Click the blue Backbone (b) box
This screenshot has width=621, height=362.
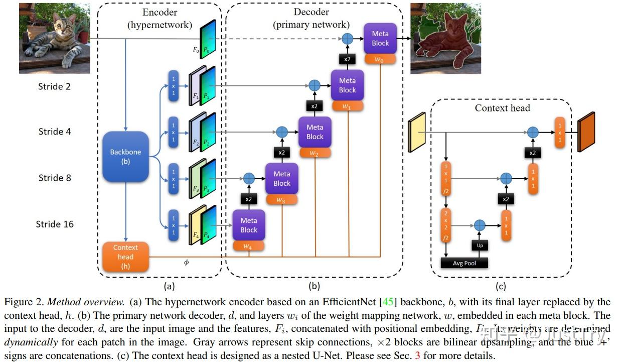pyautogui.click(x=125, y=157)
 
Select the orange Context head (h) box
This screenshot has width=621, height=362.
pyautogui.click(x=125, y=257)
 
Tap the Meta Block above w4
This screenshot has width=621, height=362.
pyautogui.click(x=248, y=225)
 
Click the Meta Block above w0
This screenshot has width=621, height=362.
pyautogui.click(x=380, y=38)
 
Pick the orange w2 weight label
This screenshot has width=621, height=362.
pyautogui.click(x=315, y=153)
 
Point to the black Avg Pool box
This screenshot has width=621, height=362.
pyautogui.click(x=464, y=263)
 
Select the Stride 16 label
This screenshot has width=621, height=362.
pyautogui.click(x=55, y=224)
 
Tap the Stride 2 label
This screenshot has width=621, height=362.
pyautogui.click(x=55, y=86)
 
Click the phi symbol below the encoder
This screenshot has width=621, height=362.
pyautogui.click(x=187, y=263)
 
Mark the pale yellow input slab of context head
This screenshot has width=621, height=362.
pyautogui.click(x=417, y=132)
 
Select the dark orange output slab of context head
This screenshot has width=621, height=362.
pyautogui.click(x=586, y=132)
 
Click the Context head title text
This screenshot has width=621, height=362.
pyautogui.click(x=502, y=108)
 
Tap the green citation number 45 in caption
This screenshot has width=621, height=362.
pyautogui.click(x=388, y=302)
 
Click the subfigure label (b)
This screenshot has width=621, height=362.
pyautogui.click(x=314, y=287)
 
